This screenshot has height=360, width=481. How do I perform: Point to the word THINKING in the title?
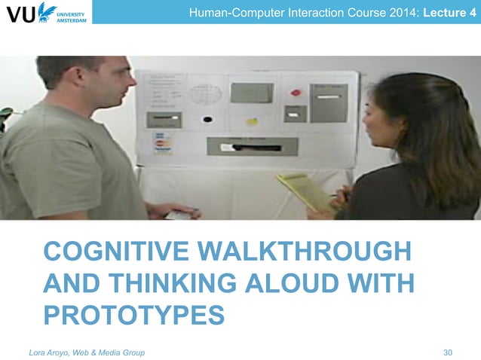[166, 283]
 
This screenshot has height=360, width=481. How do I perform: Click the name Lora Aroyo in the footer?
[52, 352]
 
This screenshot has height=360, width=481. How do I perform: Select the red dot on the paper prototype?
[295, 93]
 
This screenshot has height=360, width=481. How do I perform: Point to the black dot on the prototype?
[207, 119]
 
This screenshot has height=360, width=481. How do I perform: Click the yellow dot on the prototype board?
[252, 121]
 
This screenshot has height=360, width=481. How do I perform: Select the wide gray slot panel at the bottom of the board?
[252, 147]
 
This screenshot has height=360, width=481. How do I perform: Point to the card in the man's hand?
[178, 214]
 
